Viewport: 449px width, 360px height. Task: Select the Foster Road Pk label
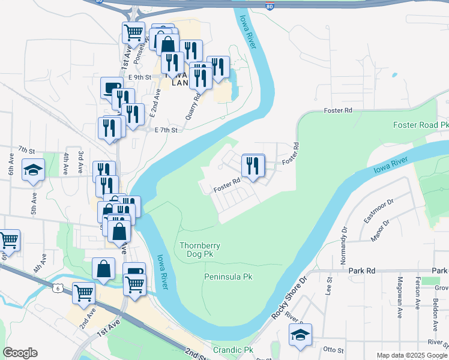(x=421, y=125)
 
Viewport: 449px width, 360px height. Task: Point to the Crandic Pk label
(x=233, y=350)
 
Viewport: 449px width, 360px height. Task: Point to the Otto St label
(x=333, y=350)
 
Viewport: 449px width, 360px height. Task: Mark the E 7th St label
(x=166, y=130)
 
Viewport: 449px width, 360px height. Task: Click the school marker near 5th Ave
(x=34, y=170)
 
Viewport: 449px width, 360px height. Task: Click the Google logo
(x=20, y=353)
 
